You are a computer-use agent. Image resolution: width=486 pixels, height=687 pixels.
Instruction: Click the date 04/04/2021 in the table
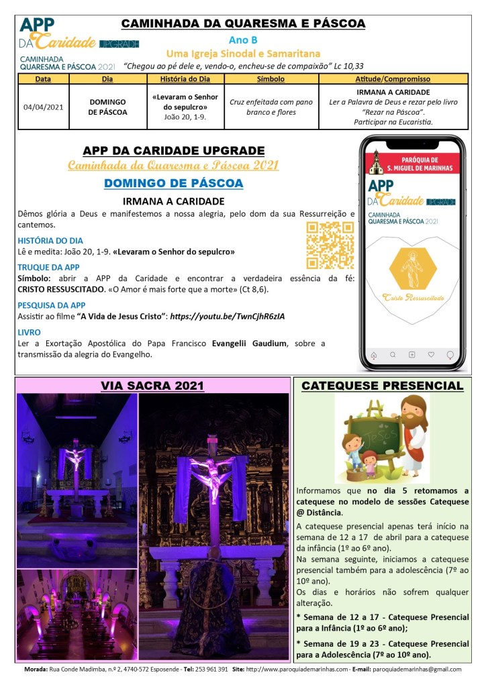[x=43, y=106]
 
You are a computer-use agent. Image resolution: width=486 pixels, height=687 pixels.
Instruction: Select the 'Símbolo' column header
[x=271, y=79]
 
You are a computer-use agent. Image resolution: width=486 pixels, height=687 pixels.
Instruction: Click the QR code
[x=330, y=245]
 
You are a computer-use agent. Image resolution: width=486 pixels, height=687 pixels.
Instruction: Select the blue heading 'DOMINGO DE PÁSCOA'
[x=174, y=183]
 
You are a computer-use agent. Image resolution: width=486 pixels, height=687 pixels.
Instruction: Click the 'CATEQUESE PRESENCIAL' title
[x=383, y=386]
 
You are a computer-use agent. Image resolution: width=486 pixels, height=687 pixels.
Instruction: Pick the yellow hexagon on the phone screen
[x=413, y=266]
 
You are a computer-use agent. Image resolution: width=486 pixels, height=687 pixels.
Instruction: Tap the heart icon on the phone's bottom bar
[x=431, y=354]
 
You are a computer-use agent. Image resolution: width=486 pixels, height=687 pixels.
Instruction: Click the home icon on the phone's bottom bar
[x=374, y=354]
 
